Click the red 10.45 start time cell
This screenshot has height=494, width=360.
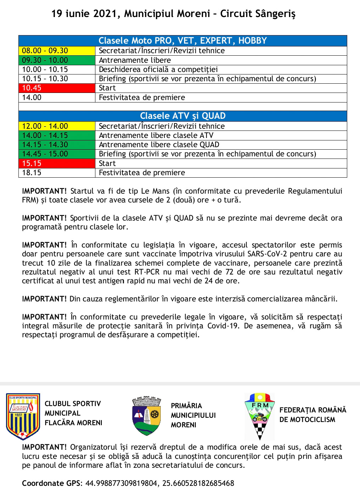click(x=57, y=88)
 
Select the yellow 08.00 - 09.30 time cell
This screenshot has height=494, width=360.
click(x=57, y=51)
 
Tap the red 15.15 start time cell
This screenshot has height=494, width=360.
click(x=57, y=163)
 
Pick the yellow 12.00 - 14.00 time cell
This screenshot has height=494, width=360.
click(x=57, y=126)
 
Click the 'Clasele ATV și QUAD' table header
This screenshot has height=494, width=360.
click(x=183, y=116)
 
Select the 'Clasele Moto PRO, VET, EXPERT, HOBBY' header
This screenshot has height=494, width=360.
click(x=183, y=40)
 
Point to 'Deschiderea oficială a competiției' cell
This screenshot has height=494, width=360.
click(x=158, y=70)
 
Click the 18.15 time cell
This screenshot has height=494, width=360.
click(x=57, y=173)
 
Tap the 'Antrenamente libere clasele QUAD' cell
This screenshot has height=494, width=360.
click(x=159, y=145)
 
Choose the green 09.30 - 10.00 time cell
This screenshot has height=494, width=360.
click(x=57, y=60)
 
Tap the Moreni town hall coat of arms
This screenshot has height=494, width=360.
click(x=146, y=416)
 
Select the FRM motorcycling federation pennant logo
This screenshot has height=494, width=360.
click(x=260, y=416)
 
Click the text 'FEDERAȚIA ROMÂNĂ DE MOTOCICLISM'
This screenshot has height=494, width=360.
click(x=312, y=415)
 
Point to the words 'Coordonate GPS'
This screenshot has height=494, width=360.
click(x=52, y=483)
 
